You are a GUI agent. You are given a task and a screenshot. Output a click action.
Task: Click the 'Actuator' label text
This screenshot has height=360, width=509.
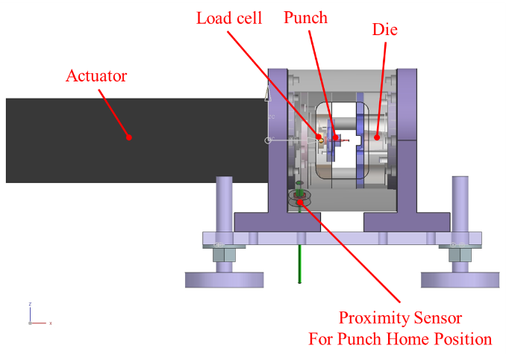pos(96,75)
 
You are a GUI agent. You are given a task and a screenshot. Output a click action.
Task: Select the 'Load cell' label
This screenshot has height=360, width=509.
pos(229,18)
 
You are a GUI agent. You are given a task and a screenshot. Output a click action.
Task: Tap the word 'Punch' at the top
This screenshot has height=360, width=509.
pos(305,17)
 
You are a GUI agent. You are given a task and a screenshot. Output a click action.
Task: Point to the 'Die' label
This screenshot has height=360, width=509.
pos(384,30)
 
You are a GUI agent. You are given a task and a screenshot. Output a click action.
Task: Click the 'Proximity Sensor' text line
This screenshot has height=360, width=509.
pos(400,319)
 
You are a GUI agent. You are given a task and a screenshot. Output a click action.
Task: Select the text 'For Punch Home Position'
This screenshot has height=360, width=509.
pos(400,339)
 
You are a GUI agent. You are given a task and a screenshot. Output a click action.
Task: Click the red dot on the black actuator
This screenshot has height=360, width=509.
pos(128,137)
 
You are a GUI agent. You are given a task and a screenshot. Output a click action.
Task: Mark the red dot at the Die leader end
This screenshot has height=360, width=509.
pos(377,136)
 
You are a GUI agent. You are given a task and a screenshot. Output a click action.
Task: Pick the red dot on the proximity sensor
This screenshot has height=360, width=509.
pos(299,200)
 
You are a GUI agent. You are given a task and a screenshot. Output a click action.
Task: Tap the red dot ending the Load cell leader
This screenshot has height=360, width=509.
pos(319,137)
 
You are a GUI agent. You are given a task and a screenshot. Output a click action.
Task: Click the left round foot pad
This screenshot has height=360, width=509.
pos(225,279)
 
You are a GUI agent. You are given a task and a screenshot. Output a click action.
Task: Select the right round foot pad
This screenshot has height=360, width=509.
pos(460,279)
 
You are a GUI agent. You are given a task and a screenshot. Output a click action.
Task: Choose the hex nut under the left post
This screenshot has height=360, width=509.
pos(224,255)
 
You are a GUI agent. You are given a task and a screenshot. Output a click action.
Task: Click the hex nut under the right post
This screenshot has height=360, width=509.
pos(460,255)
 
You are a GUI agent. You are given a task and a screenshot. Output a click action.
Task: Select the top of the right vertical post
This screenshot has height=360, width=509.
pos(460,180)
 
